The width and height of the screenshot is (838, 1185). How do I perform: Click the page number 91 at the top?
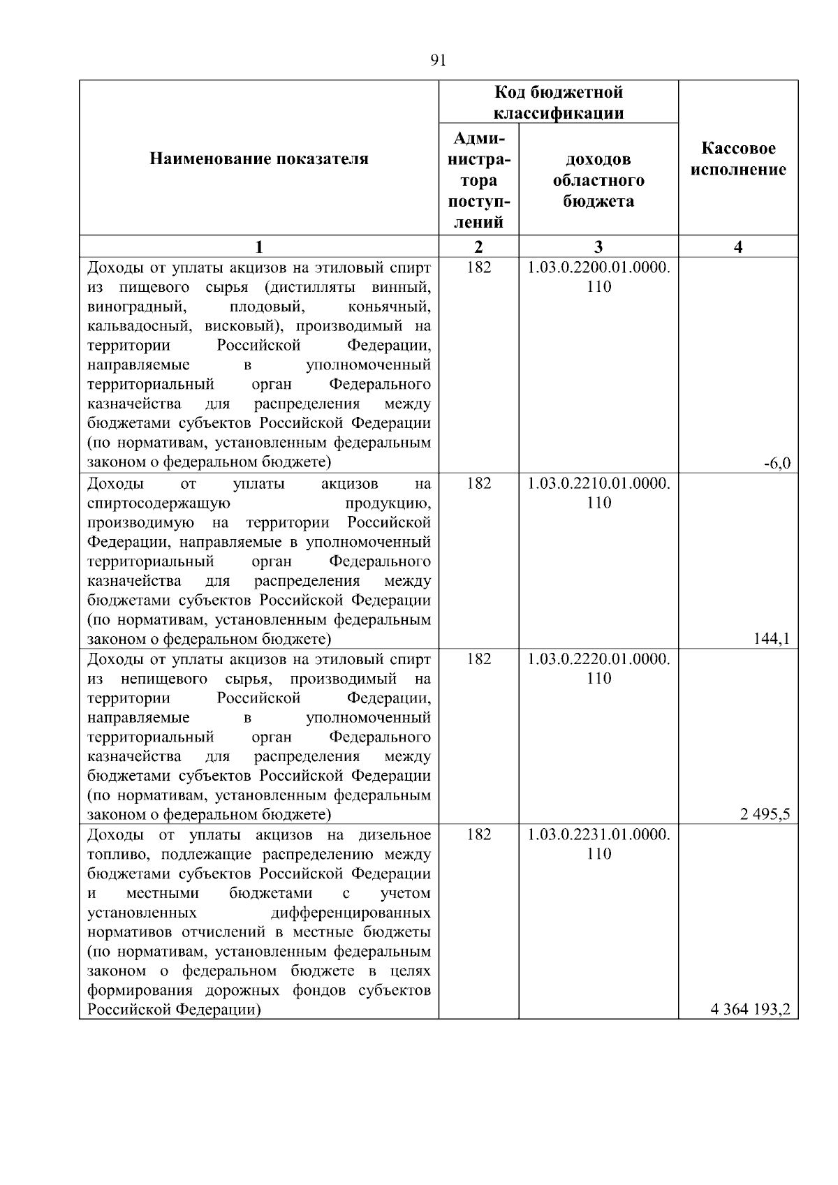point(439,60)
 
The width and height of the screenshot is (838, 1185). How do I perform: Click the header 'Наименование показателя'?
point(258,159)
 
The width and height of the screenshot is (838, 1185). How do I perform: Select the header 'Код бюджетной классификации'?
point(559,102)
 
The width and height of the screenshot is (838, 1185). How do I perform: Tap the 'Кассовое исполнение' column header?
point(738,159)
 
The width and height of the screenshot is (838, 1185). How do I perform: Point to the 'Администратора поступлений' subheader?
point(478,180)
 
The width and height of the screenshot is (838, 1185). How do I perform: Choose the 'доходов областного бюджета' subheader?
point(598,180)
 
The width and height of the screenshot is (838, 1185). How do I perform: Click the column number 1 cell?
point(259,246)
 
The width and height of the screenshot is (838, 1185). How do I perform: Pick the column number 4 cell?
point(738,246)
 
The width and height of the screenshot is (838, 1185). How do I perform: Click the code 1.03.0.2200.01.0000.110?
point(598,277)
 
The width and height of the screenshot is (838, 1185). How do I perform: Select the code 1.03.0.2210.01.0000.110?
point(598,493)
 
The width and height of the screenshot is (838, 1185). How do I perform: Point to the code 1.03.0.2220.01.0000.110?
point(598,668)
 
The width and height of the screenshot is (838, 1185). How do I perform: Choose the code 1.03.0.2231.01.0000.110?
point(598,844)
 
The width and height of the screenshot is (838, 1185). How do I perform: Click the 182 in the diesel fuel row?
point(478,835)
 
